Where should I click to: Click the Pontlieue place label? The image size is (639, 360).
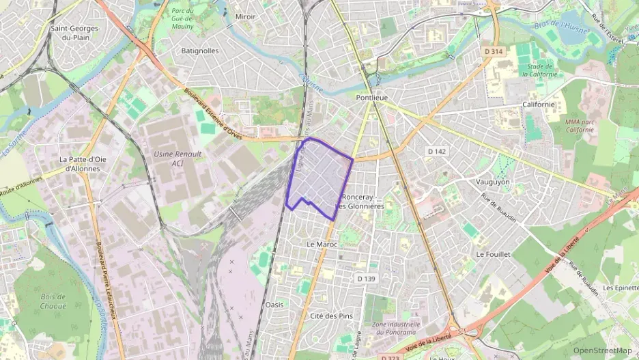[x=371, y=98]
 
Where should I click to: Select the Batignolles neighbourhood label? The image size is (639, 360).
[x=200, y=51]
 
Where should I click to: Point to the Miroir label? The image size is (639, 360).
[x=245, y=16]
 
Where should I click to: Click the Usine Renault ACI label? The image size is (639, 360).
[x=178, y=158]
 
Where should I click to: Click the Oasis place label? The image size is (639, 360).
[x=274, y=304]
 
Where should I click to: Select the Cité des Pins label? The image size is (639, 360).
[x=331, y=316]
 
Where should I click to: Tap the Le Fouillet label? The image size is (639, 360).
[x=493, y=253]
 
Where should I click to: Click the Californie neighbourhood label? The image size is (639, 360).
[x=539, y=105]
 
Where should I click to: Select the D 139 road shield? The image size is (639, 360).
[x=367, y=278]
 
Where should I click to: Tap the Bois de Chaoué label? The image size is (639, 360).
[x=53, y=301]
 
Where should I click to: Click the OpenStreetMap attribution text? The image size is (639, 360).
[x=603, y=350]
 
